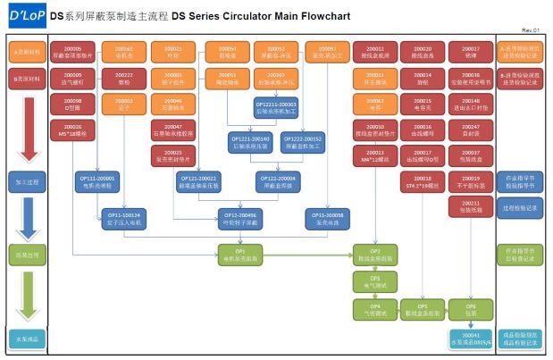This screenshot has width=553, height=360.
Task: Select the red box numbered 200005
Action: coord(73,53)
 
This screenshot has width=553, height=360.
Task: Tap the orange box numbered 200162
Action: coord(124,53)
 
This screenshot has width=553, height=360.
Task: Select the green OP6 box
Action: coord(471,309)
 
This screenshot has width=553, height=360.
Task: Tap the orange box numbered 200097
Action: coord(328,53)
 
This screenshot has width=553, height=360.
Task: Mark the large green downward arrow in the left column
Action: coord(27,294)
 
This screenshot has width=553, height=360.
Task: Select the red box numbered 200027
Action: coord(471,53)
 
